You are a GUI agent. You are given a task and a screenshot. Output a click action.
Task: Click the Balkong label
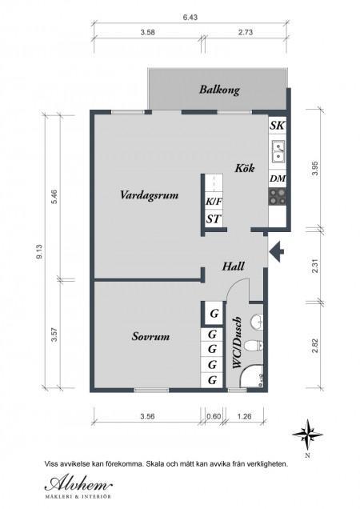click(219, 90)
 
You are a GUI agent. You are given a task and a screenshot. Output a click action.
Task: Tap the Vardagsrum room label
click(150, 195)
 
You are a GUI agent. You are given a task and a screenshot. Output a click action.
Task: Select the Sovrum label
click(150, 336)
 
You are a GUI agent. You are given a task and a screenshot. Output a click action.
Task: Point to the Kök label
click(245, 168)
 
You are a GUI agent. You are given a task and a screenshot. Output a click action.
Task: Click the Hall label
click(233, 267)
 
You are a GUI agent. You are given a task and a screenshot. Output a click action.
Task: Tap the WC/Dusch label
click(238, 343)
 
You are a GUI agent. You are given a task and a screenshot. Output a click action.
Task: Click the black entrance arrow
click(277, 251)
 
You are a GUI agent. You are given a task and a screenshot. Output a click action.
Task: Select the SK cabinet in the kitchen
click(278, 126)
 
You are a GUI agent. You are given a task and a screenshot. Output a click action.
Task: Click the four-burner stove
click(278, 197)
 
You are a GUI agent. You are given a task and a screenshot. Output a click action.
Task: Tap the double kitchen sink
click(278, 151)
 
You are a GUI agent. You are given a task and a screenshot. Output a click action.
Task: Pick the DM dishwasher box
click(278, 178)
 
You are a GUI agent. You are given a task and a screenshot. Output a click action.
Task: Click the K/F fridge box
click(214, 202)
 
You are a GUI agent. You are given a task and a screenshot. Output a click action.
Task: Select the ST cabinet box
click(214, 219)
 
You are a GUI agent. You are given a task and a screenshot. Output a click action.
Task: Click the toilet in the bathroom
click(254, 346)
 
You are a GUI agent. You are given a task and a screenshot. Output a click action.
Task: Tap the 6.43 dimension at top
click(190, 18)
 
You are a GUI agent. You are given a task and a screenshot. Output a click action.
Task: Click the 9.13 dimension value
click(40, 252)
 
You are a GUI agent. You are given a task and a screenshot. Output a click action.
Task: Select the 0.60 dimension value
click(214, 416)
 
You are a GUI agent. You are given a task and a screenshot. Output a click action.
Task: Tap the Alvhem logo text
click(78, 485)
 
